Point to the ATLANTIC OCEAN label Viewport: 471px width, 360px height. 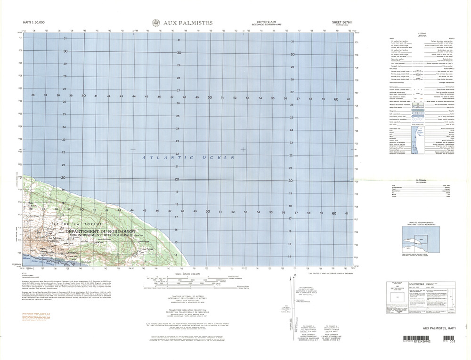click(x=188, y=158)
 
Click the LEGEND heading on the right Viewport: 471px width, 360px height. click(x=421, y=34)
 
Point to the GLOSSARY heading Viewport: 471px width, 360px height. click(x=421, y=181)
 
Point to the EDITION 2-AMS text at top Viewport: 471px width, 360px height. click(x=266, y=22)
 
